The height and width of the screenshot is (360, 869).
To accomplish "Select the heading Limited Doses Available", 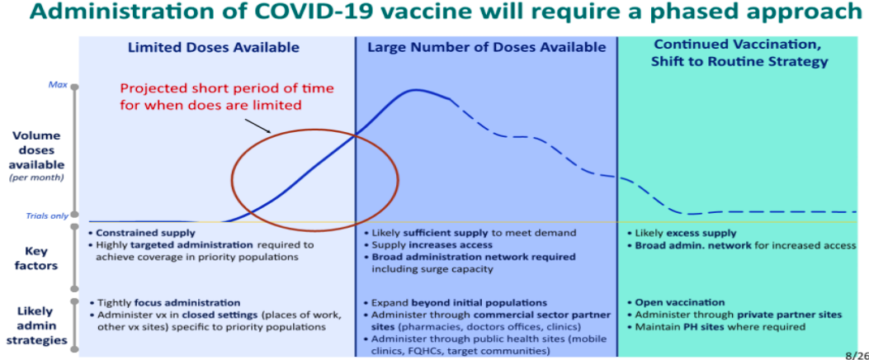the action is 214,48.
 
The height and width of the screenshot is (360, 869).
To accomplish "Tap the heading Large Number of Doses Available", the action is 487,48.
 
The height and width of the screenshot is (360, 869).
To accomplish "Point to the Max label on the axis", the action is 59,85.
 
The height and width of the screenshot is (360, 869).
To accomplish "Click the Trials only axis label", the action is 46,216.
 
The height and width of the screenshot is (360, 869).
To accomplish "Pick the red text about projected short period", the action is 227,97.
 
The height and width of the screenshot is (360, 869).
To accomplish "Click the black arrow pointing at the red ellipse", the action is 257,125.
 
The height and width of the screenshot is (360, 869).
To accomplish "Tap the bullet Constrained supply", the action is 142,233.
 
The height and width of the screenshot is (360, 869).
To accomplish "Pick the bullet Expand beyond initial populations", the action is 456,303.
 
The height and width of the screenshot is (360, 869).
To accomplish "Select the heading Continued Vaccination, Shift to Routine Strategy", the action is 740,53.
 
